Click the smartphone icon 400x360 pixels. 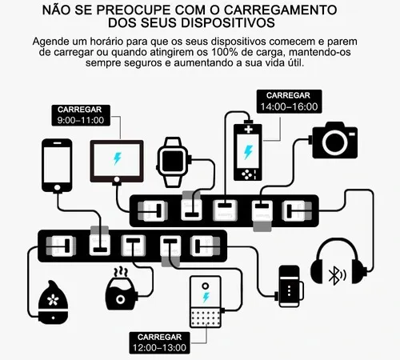pos(57,166)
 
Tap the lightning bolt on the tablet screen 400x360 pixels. pos(118,158)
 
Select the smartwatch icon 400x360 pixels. pos(173,162)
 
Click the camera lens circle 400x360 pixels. pos(334,142)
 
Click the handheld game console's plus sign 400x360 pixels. pos(249,130)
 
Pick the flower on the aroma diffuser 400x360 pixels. pos(53,300)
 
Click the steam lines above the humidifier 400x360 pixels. pos(121,272)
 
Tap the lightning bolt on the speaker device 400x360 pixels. pos(206,297)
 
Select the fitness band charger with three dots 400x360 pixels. pos(290,286)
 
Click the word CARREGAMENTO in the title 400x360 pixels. pos(280,10)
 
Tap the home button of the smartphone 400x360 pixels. pos(57,187)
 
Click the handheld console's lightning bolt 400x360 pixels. pos(248,152)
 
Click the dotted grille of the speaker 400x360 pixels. pos(206,318)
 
